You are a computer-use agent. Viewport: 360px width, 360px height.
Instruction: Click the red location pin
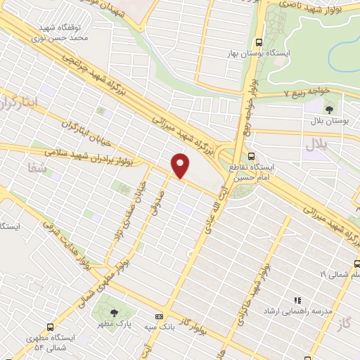(x=181, y=164)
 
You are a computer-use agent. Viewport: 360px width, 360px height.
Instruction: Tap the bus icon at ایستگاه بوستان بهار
(x=259, y=41)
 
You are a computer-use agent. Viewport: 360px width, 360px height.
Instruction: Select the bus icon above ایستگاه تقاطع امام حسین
(x=251, y=157)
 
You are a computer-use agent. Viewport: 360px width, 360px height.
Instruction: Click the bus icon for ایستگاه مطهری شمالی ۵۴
(x=50, y=327)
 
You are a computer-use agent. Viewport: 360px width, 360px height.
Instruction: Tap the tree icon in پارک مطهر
(x=115, y=312)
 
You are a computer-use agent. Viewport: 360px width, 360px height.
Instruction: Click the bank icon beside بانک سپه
(x=160, y=317)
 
